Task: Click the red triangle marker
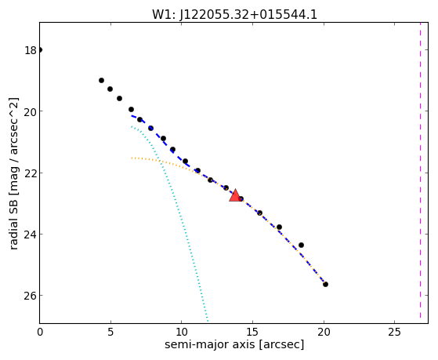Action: pos(235,195)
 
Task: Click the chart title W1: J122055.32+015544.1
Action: pos(234,14)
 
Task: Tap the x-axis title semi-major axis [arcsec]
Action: pos(234,344)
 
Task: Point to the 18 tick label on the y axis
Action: pos(31,50)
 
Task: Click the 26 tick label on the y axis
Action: pos(31,296)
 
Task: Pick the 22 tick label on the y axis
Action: pos(31,173)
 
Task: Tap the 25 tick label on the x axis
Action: pos(394,333)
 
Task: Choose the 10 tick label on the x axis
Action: pos(181,333)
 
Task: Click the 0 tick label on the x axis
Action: pos(40,333)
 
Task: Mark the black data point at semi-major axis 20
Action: pos(325,284)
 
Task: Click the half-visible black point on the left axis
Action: pos(41,50)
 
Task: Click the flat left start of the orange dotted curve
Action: pos(132,158)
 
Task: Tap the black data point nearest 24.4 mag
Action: pos(301,245)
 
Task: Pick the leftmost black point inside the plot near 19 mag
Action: pos(101,80)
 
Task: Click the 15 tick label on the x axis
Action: pos(252,333)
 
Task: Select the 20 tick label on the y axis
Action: pos(31,111)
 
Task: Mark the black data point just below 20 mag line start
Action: pos(139,119)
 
